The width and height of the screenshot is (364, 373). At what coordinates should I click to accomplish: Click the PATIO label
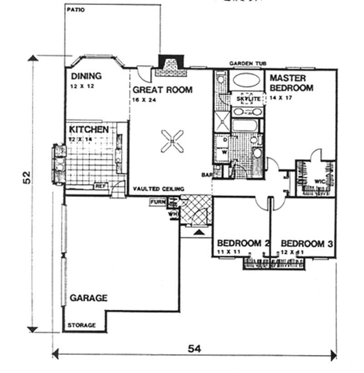click(x=76, y=10)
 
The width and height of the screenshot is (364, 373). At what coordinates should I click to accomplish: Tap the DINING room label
click(x=86, y=76)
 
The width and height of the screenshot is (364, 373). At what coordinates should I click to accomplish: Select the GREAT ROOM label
click(x=162, y=90)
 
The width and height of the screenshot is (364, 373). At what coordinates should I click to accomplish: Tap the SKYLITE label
click(x=248, y=99)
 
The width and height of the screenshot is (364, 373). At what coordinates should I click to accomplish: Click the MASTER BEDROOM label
click(x=291, y=83)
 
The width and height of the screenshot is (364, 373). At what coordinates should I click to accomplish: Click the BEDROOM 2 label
click(x=243, y=244)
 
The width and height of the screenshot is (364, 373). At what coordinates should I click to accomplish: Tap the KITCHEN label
click(x=89, y=130)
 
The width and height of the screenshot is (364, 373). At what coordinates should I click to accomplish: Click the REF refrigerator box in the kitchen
click(x=100, y=186)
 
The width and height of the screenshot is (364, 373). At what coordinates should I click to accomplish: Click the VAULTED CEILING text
click(x=158, y=189)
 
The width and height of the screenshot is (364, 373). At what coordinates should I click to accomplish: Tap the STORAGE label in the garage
click(x=82, y=325)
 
